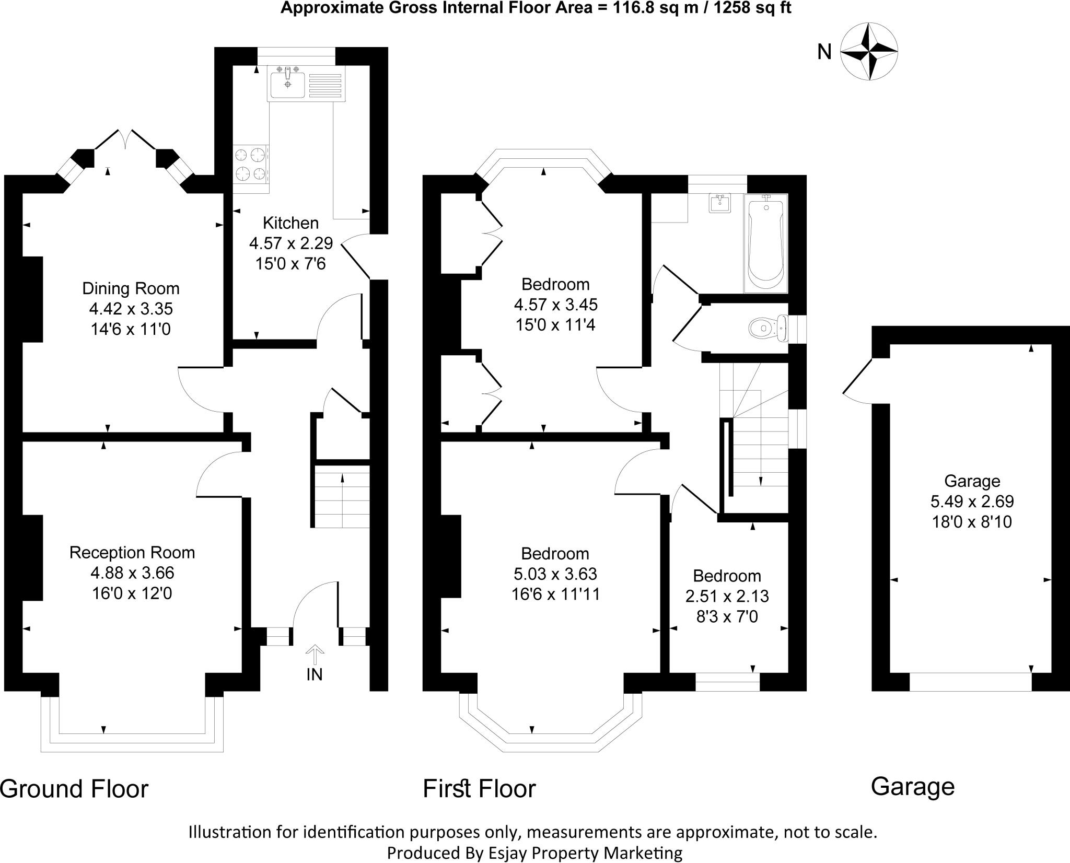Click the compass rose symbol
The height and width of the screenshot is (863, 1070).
869,52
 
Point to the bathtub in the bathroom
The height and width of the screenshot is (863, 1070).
765,242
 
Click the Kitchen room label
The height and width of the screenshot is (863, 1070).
290,223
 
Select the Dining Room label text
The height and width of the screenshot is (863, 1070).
131,288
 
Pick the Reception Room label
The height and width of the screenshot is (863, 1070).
132,553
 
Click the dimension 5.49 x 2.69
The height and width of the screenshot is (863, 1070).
972,502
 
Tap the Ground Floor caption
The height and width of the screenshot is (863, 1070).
74,789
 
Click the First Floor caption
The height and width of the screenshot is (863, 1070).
479,789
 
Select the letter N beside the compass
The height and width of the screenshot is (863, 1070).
824,52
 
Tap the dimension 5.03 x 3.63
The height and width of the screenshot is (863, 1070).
555,574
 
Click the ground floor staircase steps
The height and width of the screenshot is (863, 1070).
342,496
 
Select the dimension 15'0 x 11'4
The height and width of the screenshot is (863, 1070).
555,325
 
